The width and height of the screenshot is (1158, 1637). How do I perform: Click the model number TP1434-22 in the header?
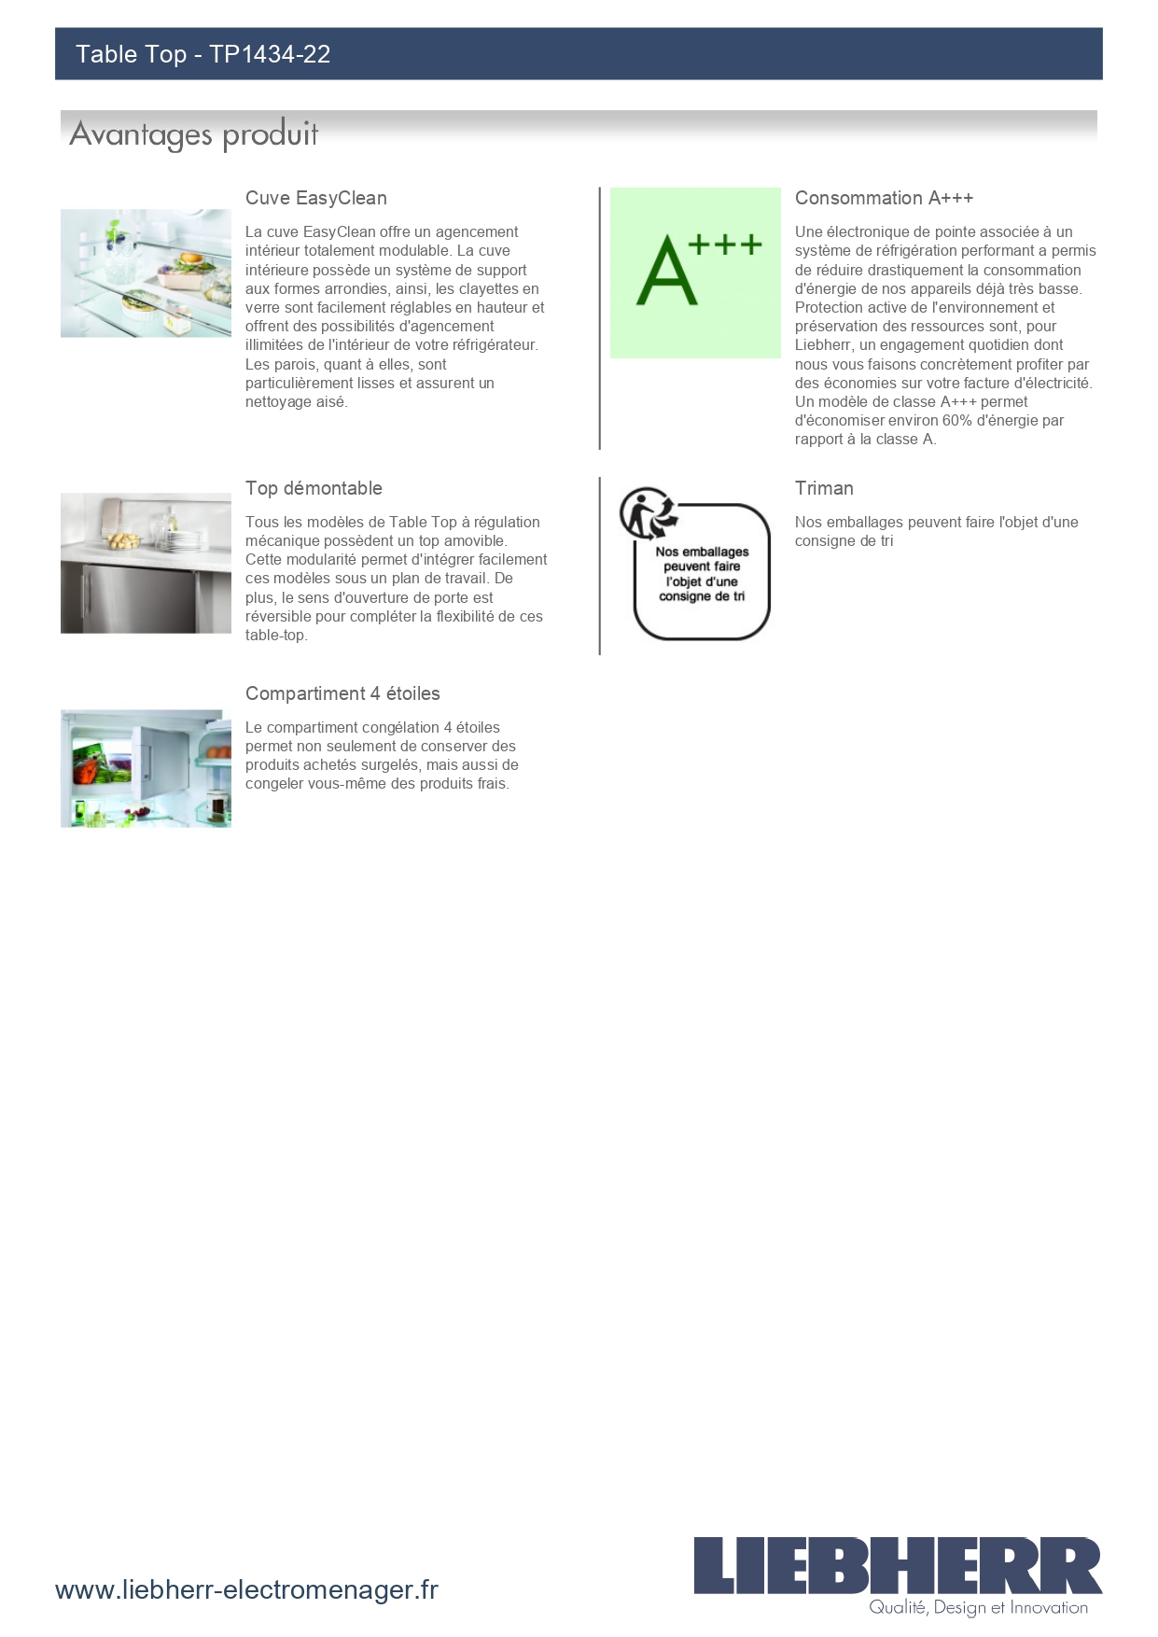coord(270,54)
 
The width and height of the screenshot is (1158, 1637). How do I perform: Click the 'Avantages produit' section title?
coord(194,134)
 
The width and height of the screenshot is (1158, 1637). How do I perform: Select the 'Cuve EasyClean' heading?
coord(315,198)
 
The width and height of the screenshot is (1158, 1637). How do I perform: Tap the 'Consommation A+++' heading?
coord(884,198)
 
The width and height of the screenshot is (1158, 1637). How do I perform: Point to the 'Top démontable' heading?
coord(314,488)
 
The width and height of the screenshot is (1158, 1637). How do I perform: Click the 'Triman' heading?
coord(824,488)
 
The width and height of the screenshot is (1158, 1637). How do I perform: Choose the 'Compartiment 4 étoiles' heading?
coord(342,693)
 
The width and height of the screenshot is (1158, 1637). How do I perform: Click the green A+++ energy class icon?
coord(695,273)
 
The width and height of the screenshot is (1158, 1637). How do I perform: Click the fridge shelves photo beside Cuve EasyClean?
coord(146,273)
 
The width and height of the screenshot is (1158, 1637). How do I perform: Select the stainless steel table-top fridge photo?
coord(146,563)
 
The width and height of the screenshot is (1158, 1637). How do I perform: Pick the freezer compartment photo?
coord(146,768)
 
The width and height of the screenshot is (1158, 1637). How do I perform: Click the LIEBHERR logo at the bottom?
coord(897,1565)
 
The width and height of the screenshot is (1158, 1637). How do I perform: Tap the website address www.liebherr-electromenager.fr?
coord(246,1589)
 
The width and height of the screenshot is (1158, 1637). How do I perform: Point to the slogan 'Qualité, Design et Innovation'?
coord(978,1607)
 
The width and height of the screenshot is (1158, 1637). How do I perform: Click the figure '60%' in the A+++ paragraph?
coord(956,421)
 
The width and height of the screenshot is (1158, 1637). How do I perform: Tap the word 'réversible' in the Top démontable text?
coord(280,617)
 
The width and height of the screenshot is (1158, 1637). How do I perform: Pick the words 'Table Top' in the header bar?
coord(131,54)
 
